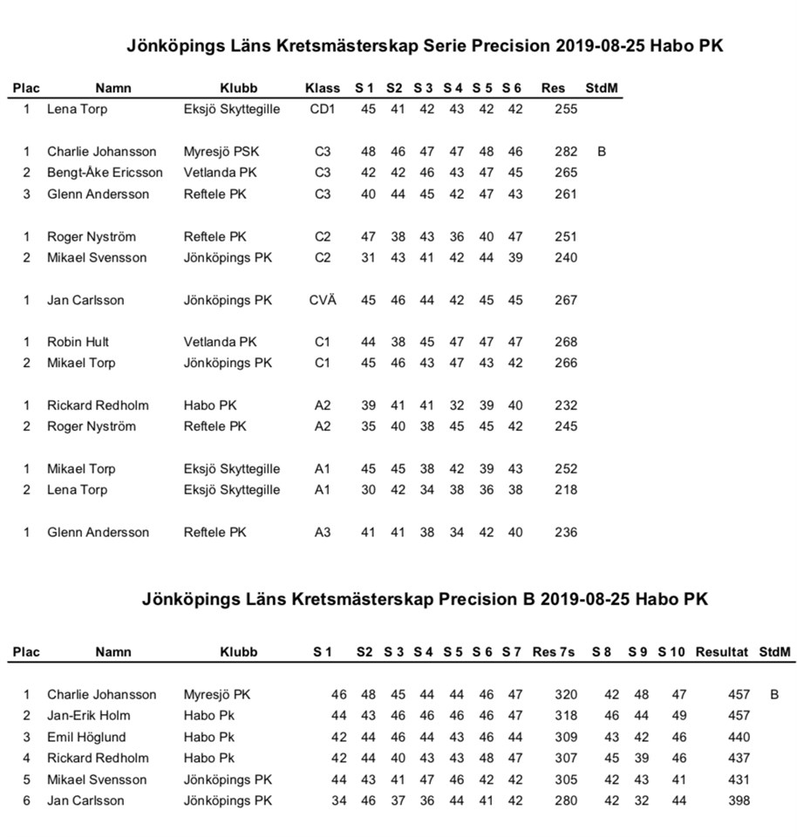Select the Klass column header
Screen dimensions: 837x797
(323, 88)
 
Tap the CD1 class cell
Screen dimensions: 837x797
(323, 110)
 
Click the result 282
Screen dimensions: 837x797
(566, 152)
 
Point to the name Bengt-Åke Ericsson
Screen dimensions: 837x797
(105, 173)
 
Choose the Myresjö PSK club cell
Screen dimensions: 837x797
(221, 152)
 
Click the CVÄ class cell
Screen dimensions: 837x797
(323, 300)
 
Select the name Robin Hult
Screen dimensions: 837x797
(78, 342)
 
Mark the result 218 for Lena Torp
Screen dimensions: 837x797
(566, 490)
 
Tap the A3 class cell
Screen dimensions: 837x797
(323, 532)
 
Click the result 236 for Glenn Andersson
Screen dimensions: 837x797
(566, 532)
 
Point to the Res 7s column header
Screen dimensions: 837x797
(553, 651)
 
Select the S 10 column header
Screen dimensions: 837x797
(671, 651)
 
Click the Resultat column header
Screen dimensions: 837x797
(722, 651)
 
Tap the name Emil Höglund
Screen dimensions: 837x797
(87, 737)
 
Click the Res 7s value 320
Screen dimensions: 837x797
(566, 695)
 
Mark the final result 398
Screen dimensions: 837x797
(739, 800)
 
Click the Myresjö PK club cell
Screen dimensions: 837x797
(216, 695)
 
